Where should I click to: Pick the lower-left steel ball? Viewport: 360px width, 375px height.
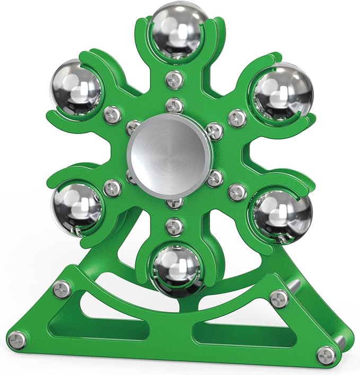pyautogui.click(x=76, y=207)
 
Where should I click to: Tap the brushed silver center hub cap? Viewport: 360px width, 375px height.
pyautogui.click(x=170, y=149)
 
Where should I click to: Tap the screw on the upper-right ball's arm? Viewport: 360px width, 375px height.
pyautogui.click(x=237, y=117)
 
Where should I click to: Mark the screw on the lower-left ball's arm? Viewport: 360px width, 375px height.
pyautogui.click(x=112, y=186)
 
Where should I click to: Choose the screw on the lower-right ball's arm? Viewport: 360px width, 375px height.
pyautogui.click(x=237, y=191)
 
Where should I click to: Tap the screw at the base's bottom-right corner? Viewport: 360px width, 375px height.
pyautogui.click(x=329, y=353)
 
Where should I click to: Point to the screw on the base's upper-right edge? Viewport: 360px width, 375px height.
pyautogui.click(x=276, y=298)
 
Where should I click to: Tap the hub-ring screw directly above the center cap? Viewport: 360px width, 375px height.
pyautogui.click(x=173, y=104)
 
